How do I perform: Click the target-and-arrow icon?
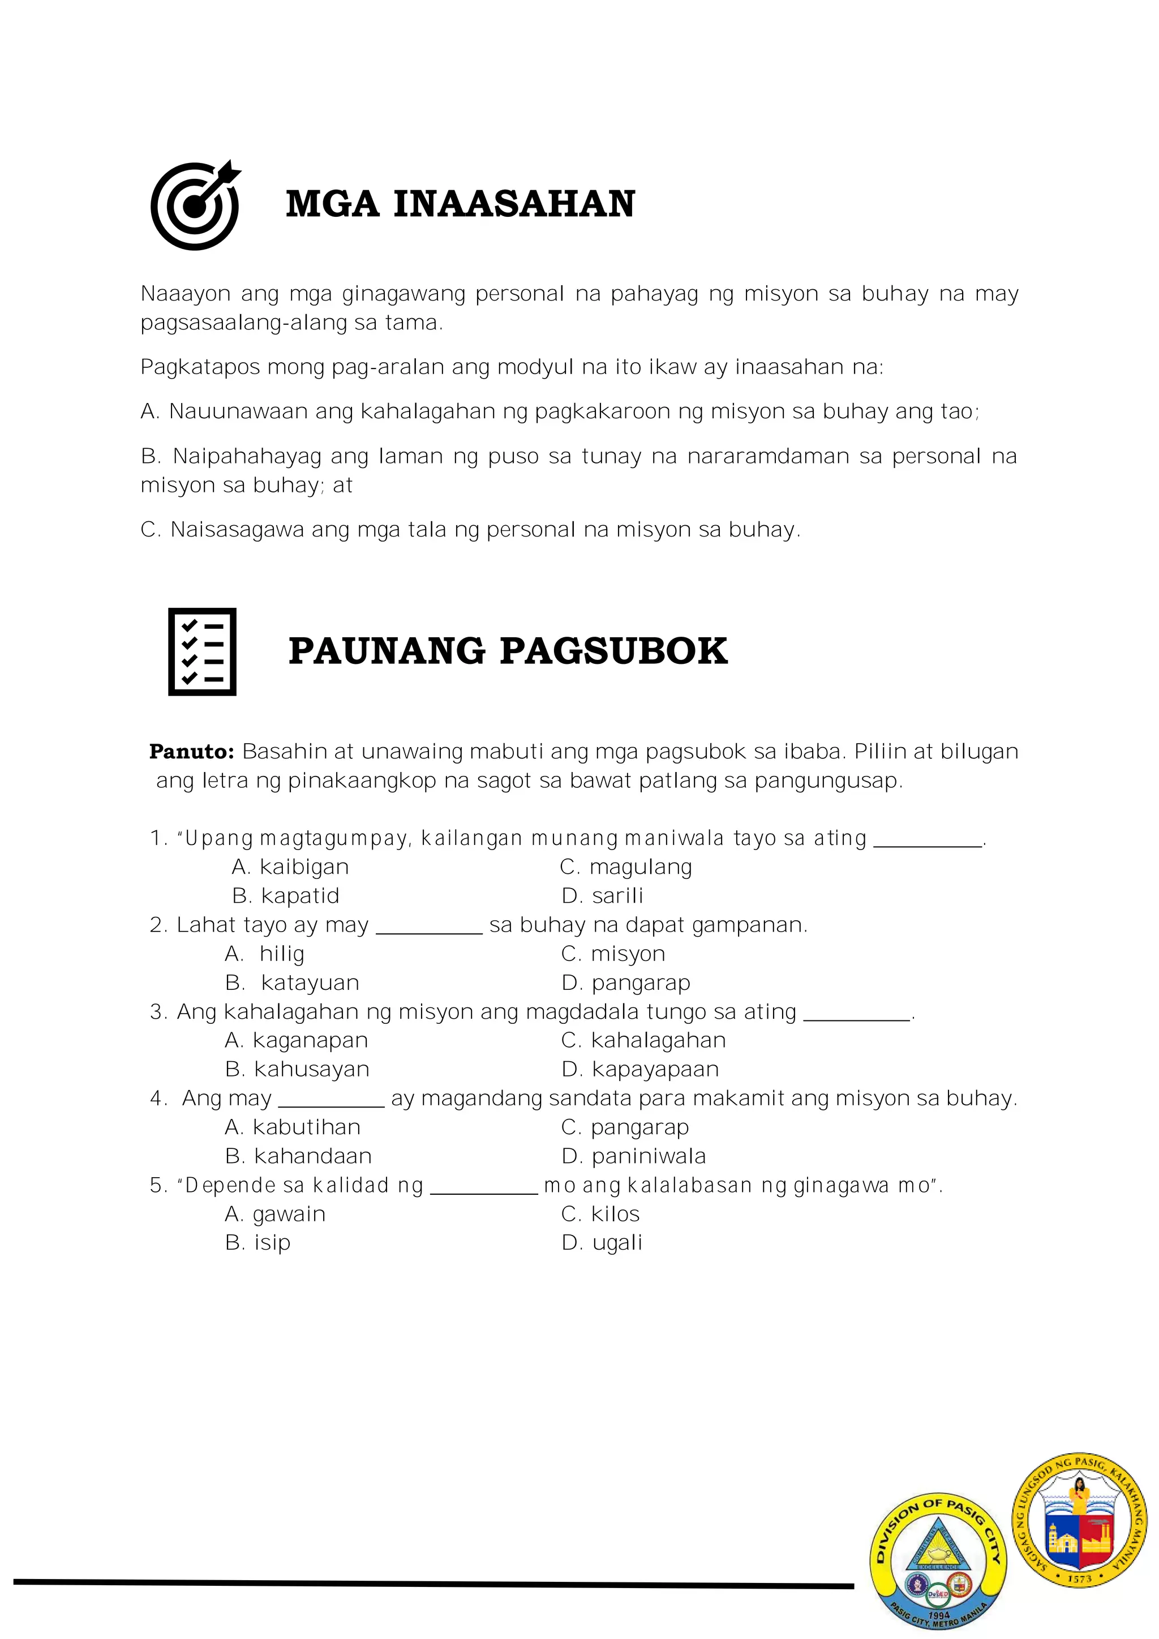[x=195, y=205]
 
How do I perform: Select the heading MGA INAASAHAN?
[x=460, y=204]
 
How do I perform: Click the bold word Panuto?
[x=191, y=752]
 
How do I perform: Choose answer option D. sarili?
[x=602, y=896]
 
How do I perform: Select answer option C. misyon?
[x=613, y=954]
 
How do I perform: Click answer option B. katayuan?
[x=292, y=983]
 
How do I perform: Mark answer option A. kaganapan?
[x=296, y=1041]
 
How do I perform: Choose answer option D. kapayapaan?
[x=640, y=1069]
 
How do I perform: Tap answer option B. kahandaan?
[x=298, y=1156]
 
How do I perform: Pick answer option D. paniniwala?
[x=634, y=1156]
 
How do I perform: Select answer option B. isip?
[x=257, y=1243]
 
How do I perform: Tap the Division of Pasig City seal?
[x=938, y=1560]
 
